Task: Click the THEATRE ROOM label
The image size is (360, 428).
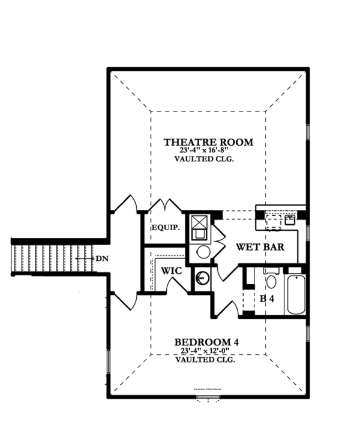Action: click(208, 142)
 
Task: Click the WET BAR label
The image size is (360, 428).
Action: click(259, 247)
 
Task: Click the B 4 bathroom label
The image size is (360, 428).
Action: click(266, 297)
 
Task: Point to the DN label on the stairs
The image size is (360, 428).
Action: click(101, 258)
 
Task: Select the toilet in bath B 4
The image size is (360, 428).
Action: click(271, 281)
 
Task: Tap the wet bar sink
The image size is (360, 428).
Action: click(289, 220)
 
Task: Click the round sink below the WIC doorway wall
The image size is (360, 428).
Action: click(202, 279)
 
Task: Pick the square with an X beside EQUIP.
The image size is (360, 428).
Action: click(200, 226)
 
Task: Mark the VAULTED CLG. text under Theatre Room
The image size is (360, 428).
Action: click(204, 160)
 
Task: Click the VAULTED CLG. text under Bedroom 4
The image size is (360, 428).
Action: click(204, 360)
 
